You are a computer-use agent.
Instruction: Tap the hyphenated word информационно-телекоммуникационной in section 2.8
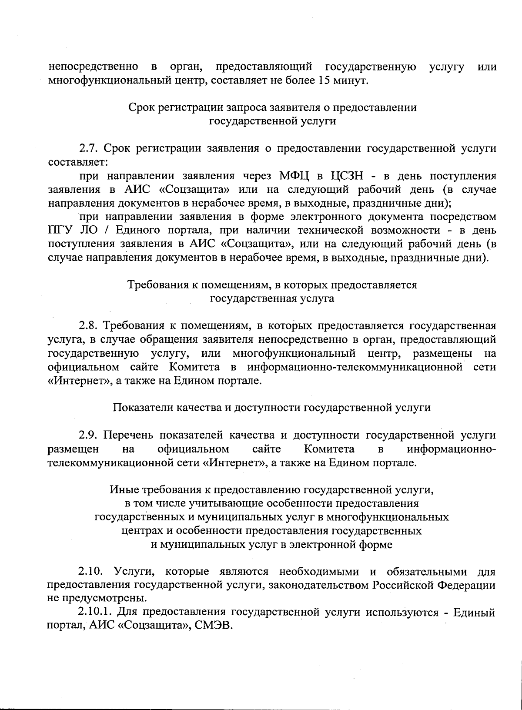tap(355, 367)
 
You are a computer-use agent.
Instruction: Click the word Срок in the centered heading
tap(141, 107)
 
